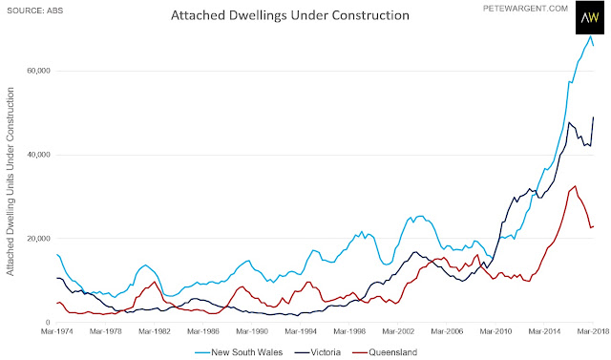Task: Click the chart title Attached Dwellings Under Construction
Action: click(290, 15)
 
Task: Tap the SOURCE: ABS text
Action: click(35, 11)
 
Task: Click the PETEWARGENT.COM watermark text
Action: click(525, 9)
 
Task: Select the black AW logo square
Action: click(590, 17)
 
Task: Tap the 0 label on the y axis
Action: click(49, 322)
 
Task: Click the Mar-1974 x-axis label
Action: click(57, 331)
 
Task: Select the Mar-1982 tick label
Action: click(155, 331)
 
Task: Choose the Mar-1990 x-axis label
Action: click(252, 331)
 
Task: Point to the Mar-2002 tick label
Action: click(398, 331)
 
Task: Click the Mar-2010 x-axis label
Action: click(495, 331)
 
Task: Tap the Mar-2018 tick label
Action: click(593, 331)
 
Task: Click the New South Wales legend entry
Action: click(239, 352)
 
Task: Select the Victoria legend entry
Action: click(318, 352)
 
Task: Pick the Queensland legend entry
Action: click(385, 352)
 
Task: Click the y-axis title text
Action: click(11, 181)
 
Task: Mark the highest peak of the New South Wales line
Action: click(591, 36)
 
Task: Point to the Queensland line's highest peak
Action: click(575, 186)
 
